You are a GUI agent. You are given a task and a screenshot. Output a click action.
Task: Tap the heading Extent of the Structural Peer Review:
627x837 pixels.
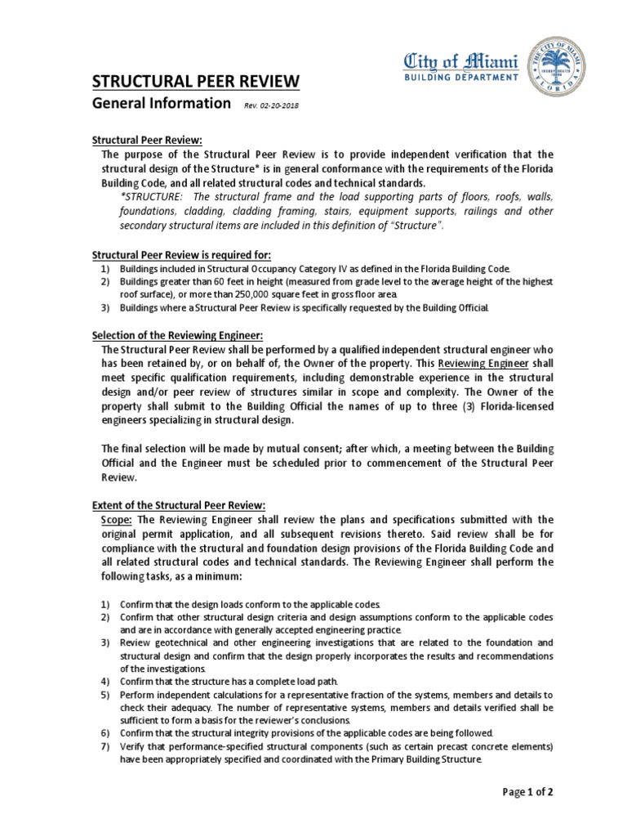tap(178, 505)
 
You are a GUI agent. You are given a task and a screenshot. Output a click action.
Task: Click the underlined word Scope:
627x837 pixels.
tap(118, 520)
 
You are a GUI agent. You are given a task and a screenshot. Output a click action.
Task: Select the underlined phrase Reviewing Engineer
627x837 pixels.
tap(485, 363)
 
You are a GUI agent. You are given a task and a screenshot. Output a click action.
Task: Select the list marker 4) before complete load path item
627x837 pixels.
tap(104, 680)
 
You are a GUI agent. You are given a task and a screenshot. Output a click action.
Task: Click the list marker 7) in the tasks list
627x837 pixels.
tap(104, 746)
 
